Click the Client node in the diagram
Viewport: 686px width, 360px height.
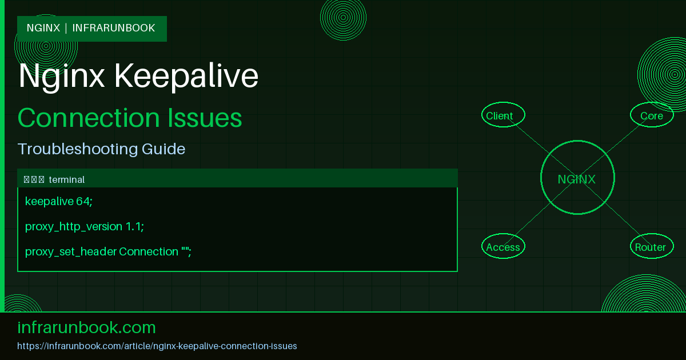(502, 115)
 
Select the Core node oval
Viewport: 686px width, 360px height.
(652, 115)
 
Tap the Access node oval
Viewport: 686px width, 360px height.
(503, 247)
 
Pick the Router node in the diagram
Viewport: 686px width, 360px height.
(651, 247)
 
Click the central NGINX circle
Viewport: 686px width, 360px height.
(577, 179)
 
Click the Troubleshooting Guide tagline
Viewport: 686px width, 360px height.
(101, 149)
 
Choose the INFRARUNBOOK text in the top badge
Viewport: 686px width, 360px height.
(114, 28)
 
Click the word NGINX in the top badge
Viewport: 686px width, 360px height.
(43, 28)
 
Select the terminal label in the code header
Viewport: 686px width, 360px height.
(66, 179)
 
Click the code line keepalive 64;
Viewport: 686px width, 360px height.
(59, 201)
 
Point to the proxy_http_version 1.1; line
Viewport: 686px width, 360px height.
(85, 226)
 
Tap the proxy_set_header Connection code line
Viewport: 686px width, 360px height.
(108, 251)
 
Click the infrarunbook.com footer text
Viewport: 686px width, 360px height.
(87, 327)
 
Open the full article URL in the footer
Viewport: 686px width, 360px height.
(157, 346)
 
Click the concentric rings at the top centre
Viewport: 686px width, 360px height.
(343, 17)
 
